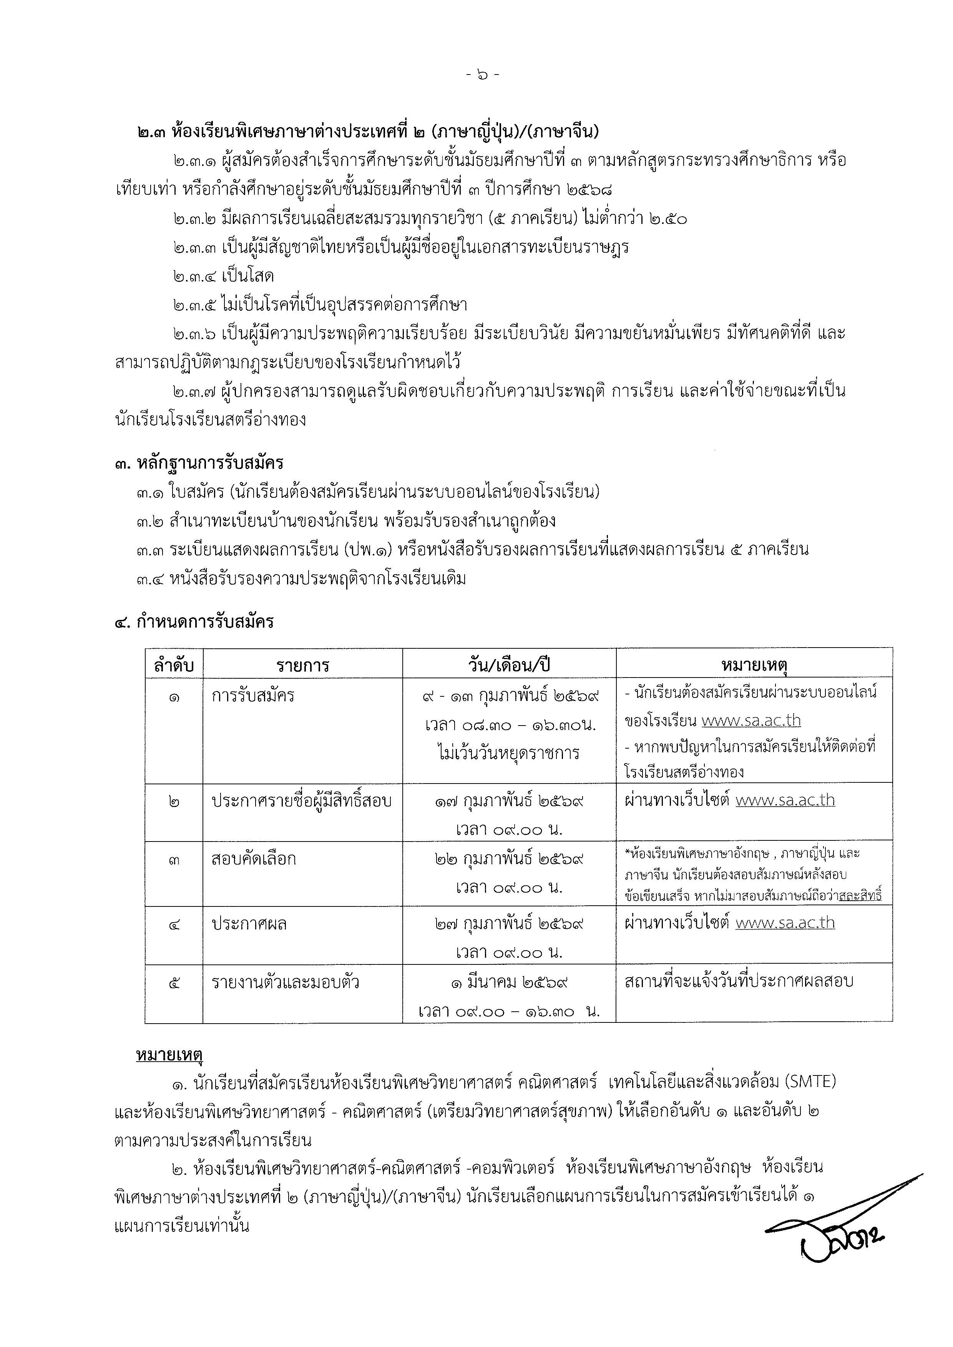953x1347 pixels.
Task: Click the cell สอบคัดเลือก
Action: click(x=254, y=859)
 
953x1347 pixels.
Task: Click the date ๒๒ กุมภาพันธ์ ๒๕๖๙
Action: click(x=509, y=859)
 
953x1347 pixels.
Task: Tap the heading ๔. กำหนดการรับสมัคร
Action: click(x=194, y=621)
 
